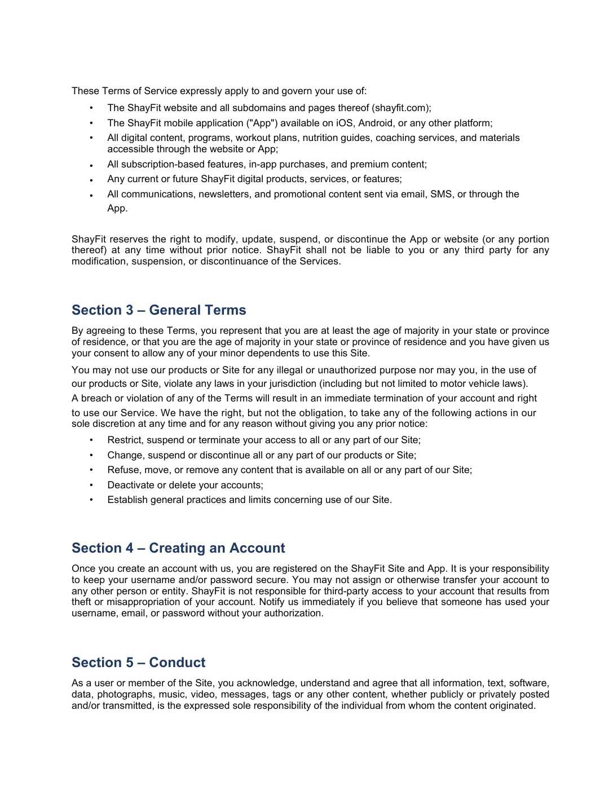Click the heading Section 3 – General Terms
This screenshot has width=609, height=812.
pos(158,310)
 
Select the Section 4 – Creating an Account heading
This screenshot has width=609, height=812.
pos(178,548)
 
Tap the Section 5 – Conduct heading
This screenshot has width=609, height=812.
pos(138,663)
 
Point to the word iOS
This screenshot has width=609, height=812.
pos(344,123)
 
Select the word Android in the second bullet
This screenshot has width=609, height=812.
pos(376,123)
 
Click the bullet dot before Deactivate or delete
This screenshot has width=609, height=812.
pos(91,485)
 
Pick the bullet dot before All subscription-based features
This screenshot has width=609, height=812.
pos(91,165)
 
